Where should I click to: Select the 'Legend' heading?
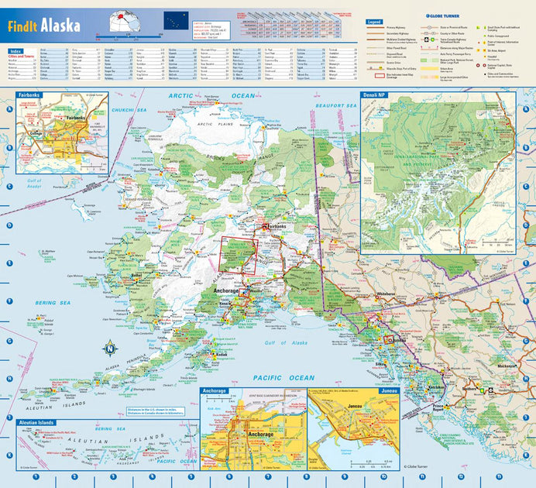374,21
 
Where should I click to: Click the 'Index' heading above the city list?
15,50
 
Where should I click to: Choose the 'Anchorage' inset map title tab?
215,391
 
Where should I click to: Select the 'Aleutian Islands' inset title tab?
36,423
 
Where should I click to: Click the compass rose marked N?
110,349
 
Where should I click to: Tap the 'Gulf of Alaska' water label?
280,342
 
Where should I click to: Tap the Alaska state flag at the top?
176,21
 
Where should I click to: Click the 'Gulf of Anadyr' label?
34,184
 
